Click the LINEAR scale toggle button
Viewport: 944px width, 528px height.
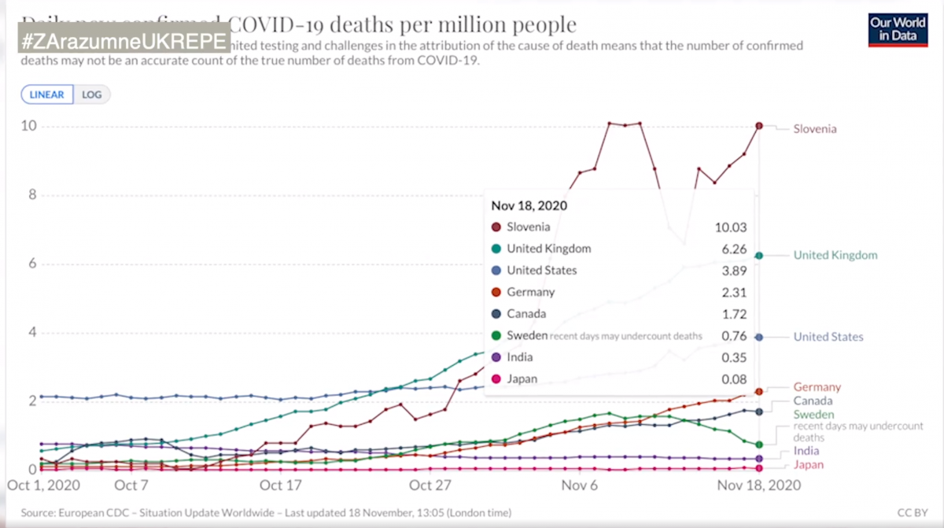[x=47, y=94]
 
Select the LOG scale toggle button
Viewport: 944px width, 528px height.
[x=92, y=94]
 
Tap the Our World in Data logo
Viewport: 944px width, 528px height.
[x=897, y=29]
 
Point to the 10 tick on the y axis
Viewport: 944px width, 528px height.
[x=29, y=127]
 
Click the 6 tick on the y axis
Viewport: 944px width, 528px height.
[x=33, y=264]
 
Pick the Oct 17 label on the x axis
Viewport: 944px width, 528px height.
[x=281, y=485]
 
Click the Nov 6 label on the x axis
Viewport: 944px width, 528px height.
[x=580, y=485]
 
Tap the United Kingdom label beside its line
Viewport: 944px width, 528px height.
[x=835, y=255]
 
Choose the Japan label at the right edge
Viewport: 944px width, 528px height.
[x=808, y=465]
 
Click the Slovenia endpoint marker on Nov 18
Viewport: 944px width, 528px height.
[x=759, y=126]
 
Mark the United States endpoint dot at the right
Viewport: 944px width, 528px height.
[x=759, y=337]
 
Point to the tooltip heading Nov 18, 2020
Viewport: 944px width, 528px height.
[x=529, y=205]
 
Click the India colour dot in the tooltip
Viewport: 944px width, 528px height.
[x=496, y=357]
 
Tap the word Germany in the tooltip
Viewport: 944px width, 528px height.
[x=531, y=292]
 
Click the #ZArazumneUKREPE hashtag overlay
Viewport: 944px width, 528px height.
[x=124, y=40]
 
